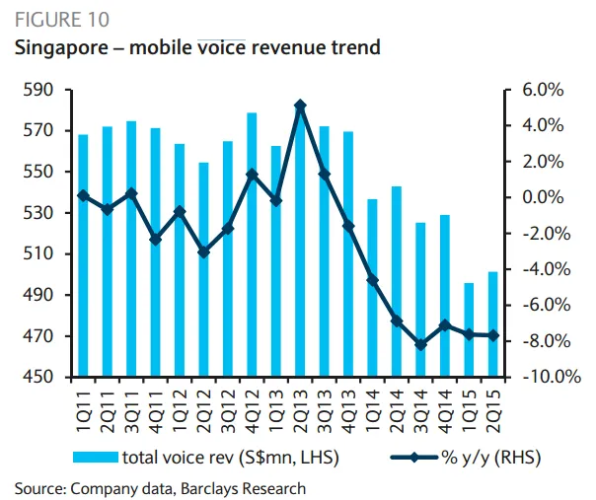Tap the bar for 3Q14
pyautogui.click(x=421, y=300)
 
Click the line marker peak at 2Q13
pyautogui.click(x=300, y=106)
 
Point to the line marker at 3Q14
pyautogui.click(x=421, y=344)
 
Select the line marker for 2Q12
pyautogui.click(x=203, y=251)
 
